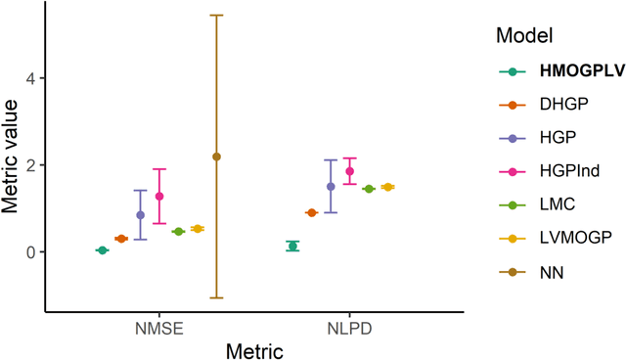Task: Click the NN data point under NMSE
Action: [x=216, y=157]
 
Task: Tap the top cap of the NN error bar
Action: [x=216, y=16]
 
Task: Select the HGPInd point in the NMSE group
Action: [x=159, y=196]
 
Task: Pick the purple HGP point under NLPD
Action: [x=331, y=186]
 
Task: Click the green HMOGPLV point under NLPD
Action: [x=292, y=246]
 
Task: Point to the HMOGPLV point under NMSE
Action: [x=102, y=250]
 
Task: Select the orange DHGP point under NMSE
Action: [x=121, y=239]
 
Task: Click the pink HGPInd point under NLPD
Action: [x=350, y=171]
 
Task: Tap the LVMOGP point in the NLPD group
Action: [x=388, y=187]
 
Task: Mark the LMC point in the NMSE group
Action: [x=178, y=232]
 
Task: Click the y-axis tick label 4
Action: [x=29, y=78]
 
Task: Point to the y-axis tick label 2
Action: [x=29, y=165]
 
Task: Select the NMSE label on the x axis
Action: [x=159, y=329]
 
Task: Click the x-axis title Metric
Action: [x=253, y=349]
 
